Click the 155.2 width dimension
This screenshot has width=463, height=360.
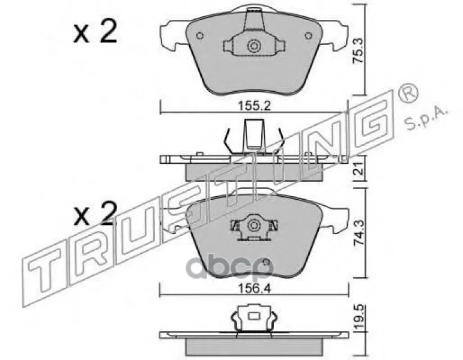254,106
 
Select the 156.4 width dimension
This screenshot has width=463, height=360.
255,288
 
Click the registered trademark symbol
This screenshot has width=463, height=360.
408,93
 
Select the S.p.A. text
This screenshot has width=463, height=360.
425,119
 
